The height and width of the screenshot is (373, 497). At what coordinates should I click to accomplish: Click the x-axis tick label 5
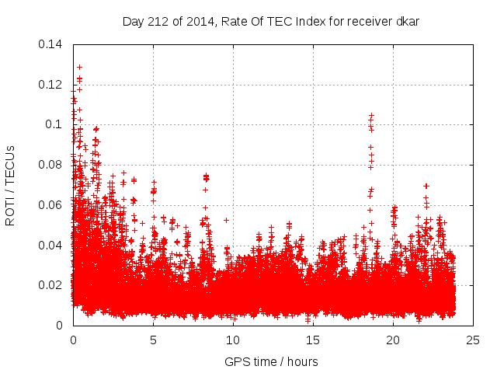point(153,340)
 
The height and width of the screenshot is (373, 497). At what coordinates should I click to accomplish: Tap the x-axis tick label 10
point(233,340)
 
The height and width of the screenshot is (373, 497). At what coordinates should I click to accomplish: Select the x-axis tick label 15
point(313,340)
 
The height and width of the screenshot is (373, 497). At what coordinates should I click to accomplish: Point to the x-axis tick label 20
point(393,340)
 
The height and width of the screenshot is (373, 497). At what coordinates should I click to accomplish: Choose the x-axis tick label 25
point(473,340)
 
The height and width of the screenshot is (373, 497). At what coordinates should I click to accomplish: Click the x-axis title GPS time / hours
point(271,361)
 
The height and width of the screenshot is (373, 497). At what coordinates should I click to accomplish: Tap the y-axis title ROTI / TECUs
point(11,185)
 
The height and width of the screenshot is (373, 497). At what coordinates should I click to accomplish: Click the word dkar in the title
point(408,21)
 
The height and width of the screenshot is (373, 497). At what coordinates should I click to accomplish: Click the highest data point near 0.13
point(79,67)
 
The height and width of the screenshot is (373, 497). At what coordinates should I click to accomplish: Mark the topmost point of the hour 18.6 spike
point(371,115)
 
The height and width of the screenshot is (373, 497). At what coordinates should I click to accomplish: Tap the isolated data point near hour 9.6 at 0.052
point(226,220)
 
